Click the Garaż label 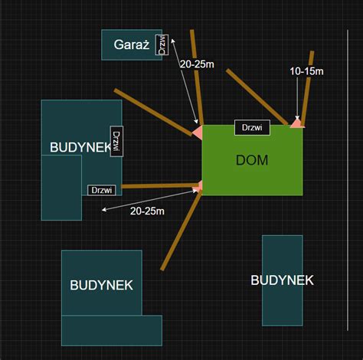point(132,44)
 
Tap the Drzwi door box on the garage point(162,44)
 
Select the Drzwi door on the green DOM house point(252,127)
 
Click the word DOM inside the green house point(252,160)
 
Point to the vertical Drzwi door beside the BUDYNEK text point(116,141)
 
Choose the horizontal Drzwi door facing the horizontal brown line point(102,190)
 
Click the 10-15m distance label point(306,71)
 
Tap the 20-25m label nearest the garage point(197,64)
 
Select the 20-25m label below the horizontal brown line point(147,211)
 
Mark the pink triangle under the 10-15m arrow point(297,123)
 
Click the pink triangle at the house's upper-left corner point(198,133)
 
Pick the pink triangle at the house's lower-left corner point(198,186)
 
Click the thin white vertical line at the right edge point(348,180)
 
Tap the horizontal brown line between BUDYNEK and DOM point(159,186)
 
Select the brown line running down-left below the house point(181,231)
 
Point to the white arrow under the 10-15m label point(297,98)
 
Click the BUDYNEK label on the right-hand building point(282,280)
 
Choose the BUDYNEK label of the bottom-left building point(101,285)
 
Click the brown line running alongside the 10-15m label point(308,87)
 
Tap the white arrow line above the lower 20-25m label point(149,200)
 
